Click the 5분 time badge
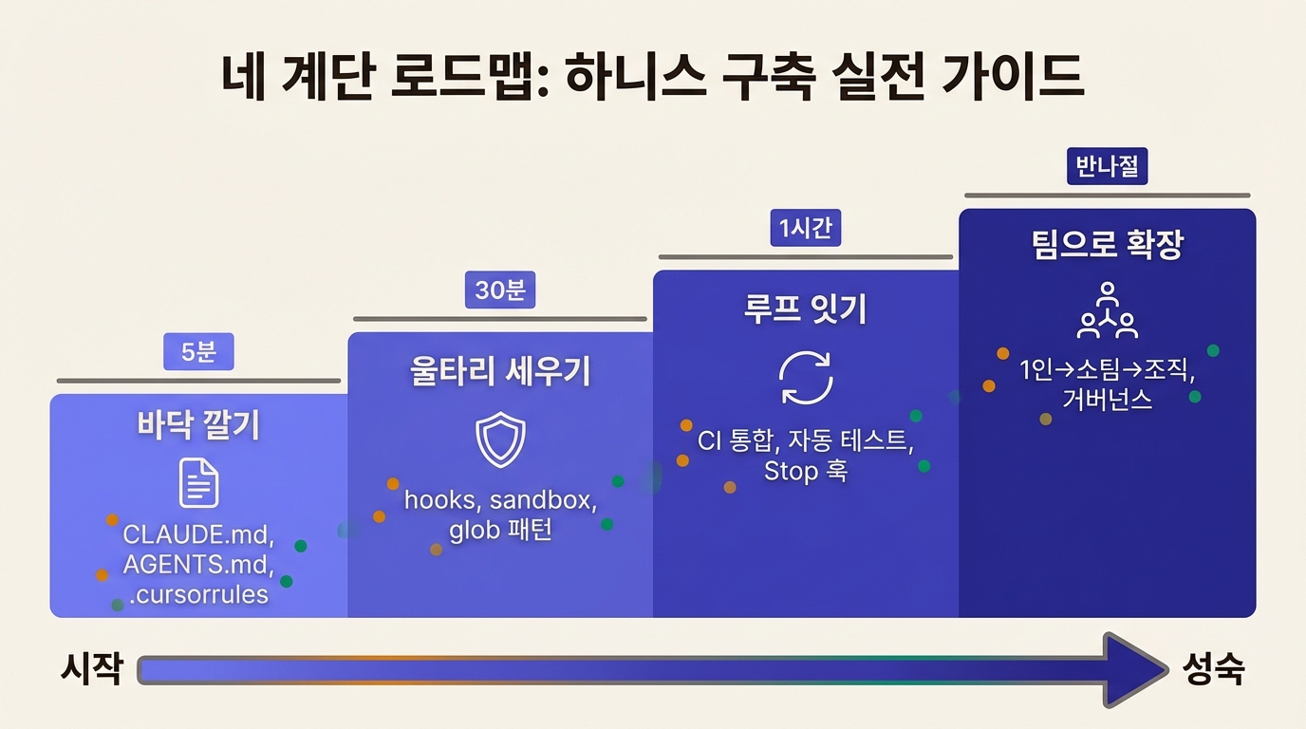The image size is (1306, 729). pyautogui.click(x=198, y=352)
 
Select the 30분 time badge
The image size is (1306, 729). pyautogui.click(x=500, y=290)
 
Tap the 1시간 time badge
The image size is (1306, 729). pyautogui.click(x=806, y=229)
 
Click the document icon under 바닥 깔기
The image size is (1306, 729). pyautogui.click(x=198, y=482)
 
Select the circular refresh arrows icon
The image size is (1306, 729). pyautogui.click(x=806, y=378)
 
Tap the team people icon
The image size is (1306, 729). pyautogui.click(x=1107, y=310)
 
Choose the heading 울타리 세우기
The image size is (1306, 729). pyautogui.click(x=500, y=371)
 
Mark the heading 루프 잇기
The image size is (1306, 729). pyautogui.click(x=806, y=309)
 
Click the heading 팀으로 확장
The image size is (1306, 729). pyautogui.click(x=1107, y=246)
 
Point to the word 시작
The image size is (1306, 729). pyautogui.click(x=92, y=670)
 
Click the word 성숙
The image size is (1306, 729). pyautogui.click(x=1214, y=670)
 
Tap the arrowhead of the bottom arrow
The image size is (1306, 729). pyautogui.click(x=1134, y=670)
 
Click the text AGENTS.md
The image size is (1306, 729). pyautogui.click(x=198, y=565)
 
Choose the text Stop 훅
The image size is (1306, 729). pyautogui.click(x=806, y=471)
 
